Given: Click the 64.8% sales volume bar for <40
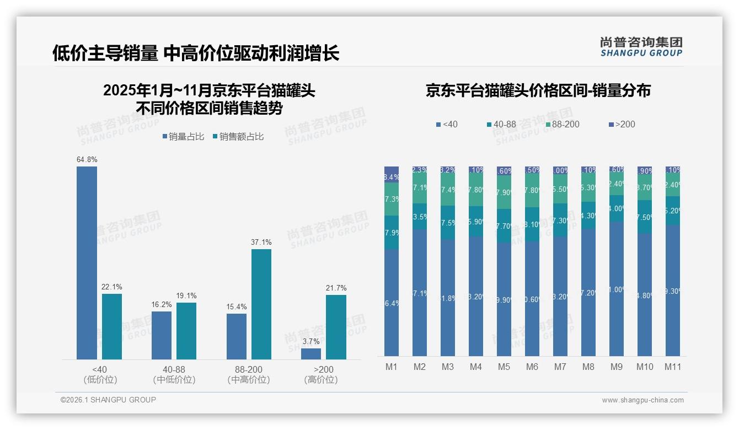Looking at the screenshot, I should click(87, 263).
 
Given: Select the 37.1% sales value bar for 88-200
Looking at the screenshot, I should click(261, 304).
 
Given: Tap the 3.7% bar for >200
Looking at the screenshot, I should click(311, 354).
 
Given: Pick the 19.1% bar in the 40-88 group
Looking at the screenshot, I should click(186, 331).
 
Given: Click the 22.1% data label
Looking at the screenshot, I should click(112, 287).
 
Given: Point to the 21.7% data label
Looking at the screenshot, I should click(336, 288).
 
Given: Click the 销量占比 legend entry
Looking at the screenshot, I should click(184, 137).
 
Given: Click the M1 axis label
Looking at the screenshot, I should click(391, 367).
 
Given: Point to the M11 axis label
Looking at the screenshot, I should click(672, 367).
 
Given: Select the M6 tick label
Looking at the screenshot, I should click(532, 367).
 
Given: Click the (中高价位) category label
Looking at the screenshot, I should click(248, 380).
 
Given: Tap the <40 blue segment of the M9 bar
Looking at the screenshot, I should click(616, 289).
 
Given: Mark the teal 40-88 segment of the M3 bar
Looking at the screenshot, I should click(447, 223).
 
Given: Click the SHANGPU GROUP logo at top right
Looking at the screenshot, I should click(641, 47).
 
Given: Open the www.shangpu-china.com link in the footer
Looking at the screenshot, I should click(642, 400).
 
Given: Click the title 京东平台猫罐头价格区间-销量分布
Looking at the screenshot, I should click(538, 91).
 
